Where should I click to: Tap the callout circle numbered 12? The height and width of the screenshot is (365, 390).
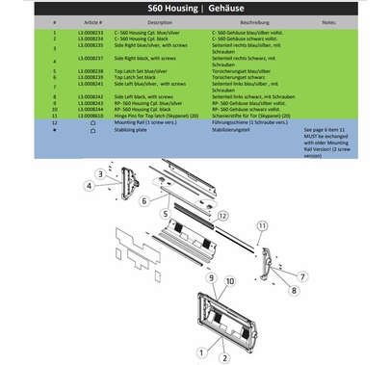[221, 216]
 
